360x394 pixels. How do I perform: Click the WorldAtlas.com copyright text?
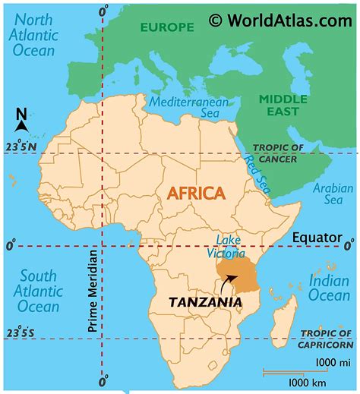[280, 20]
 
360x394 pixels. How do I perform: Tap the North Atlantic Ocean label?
[33, 35]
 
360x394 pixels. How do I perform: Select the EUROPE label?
[166, 27]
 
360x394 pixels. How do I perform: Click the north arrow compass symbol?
[21, 121]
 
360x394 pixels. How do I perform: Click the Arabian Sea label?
[333, 194]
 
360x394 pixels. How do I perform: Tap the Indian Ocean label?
[330, 288]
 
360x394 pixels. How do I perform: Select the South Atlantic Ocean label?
[38, 292]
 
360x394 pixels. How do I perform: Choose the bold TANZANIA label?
[206, 301]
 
